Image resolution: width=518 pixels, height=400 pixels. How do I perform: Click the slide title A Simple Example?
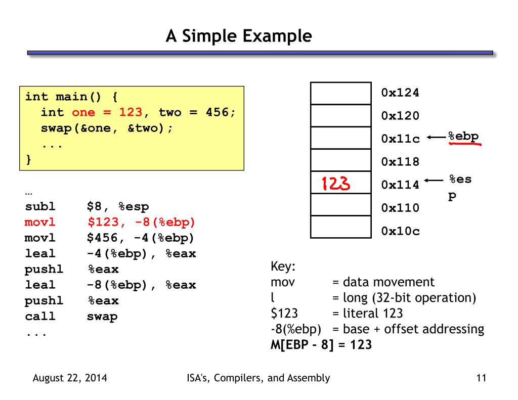point(239,36)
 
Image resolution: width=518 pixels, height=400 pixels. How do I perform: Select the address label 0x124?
point(400,93)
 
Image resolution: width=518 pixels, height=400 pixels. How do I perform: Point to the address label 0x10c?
point(400,231)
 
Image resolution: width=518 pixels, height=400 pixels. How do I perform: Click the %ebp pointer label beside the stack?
point(463,136)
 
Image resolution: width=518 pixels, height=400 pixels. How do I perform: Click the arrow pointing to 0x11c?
point(436,137)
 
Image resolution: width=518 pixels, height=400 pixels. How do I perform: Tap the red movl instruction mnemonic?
point(40,222)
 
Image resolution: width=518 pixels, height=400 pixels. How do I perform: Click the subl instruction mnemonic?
point(40,206)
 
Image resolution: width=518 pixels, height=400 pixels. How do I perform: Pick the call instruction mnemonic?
point(40,317)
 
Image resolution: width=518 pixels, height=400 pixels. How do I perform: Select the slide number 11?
point(481,378)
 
